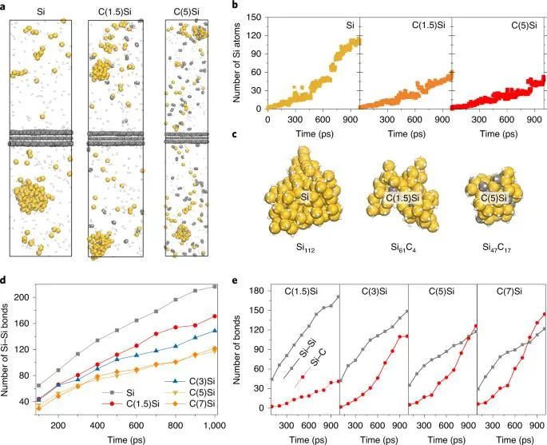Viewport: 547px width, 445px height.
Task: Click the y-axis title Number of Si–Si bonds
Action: tap(9, 346)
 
